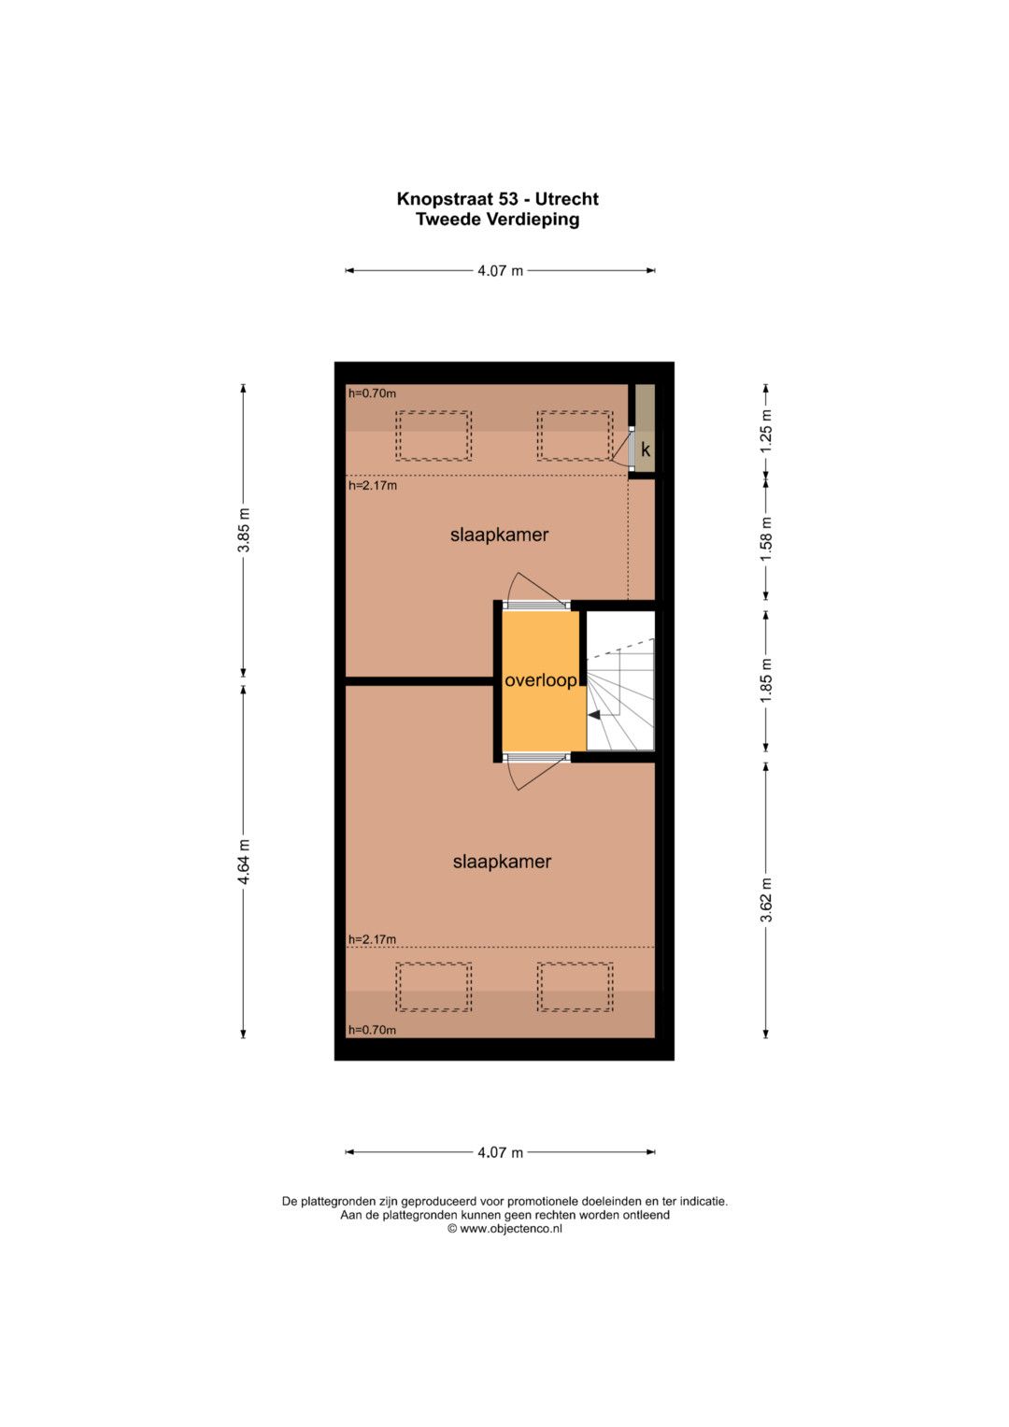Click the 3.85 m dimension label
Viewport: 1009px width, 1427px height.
pyautogui.click(x=243, y=530)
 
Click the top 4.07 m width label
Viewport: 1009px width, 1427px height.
pyautogui.click(x=500, y=271)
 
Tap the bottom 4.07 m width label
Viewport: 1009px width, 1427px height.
pyautogui.click(x=500, y=1152)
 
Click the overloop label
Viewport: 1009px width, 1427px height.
pyautogui.click(x=541, y=681)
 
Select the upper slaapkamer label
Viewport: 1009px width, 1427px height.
pyautogui.click(x=500, y=535)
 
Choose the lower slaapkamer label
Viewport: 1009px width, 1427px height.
pyautogui.click(x=502, y=862)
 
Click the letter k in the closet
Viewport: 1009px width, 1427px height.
pyautogui.click(x=646, y=450)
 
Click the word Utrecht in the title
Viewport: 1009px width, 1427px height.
pyautogui.click(x=566, y=199)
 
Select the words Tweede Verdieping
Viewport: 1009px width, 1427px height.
pyautogui.click(x=497, y=220)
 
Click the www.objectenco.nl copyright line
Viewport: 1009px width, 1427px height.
pyautogui.click(x=504, y=1229)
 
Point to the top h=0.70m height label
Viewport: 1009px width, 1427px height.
pyautogui.click(x=372, y=393)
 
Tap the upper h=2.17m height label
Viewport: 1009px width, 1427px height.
pyautogui.click(x=373, y=485)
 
